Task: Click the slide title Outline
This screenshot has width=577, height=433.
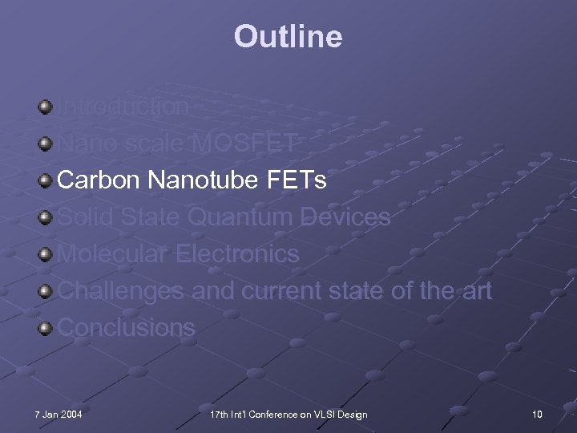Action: click(x=288, y=36)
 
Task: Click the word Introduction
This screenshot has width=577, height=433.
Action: click(x=124, y=107)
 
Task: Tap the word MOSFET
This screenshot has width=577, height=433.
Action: click(x=248, y=144)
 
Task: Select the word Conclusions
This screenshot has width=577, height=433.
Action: click(x=127, y=328)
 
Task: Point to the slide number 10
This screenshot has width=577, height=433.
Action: click(x=536, y=414)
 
